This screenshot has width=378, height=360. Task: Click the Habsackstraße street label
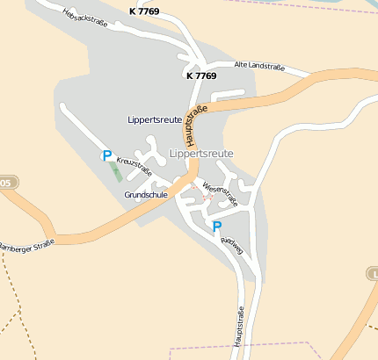[85, 18]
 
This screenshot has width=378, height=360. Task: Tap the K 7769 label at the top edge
[144, 11]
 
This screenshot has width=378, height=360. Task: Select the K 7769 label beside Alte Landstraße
[201, 76]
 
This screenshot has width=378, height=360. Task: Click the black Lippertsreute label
[155, 119]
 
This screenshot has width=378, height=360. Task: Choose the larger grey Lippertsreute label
[200, 153]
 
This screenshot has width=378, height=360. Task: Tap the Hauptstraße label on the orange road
[194, 126]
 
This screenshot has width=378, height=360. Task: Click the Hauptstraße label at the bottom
[239, 332]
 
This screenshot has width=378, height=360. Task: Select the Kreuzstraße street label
[128, 166]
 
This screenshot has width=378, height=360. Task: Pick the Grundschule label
[146, 194]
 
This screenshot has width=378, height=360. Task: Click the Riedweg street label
[232, 246]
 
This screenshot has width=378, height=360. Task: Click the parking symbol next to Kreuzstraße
[107, 156]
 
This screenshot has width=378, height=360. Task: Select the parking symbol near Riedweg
[217, 227]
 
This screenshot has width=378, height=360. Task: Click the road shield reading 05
[6, 183]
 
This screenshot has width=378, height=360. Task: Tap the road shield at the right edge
[373, 274]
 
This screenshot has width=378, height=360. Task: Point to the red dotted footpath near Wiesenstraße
[205, 199]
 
